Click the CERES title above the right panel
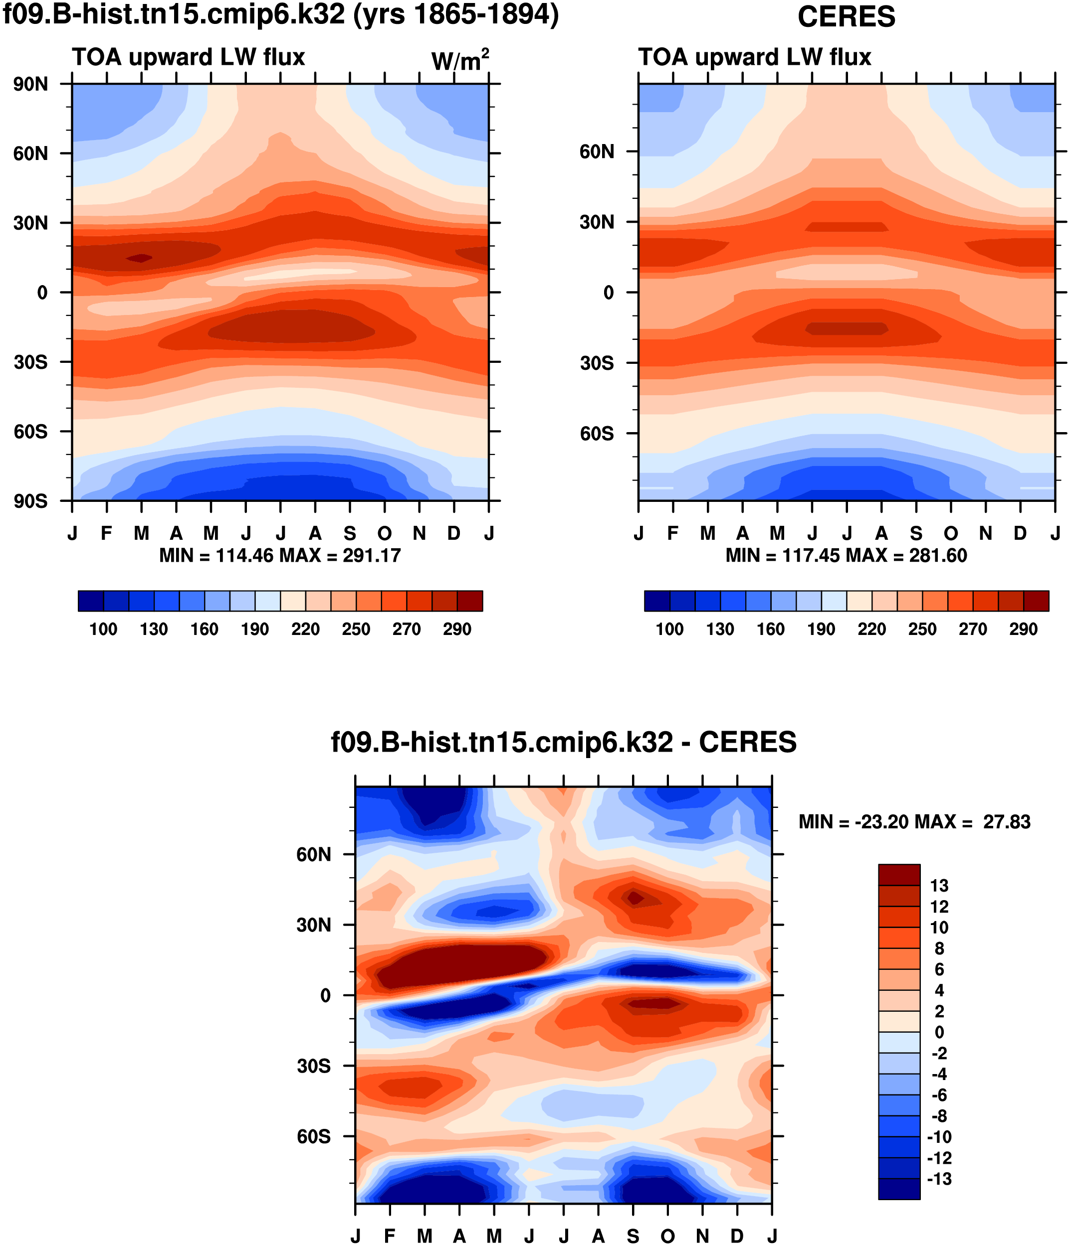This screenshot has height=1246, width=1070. coord(846,16)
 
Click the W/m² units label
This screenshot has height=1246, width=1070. coord(460,60)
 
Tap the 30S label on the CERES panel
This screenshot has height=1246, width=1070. coord(597,363)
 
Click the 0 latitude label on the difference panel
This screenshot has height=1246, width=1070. coord(325,996)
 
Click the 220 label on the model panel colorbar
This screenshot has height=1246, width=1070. coord(305,629)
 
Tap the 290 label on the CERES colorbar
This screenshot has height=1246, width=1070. coord(1023,629)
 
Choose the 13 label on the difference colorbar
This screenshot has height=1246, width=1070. coord(939,886)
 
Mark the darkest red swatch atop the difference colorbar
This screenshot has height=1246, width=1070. coord(898,875)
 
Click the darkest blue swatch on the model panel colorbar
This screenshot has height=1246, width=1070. coord(91,601)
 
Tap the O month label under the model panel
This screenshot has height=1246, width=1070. coord(385,533)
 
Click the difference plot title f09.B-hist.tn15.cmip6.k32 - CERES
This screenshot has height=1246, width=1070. coord(563,742)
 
